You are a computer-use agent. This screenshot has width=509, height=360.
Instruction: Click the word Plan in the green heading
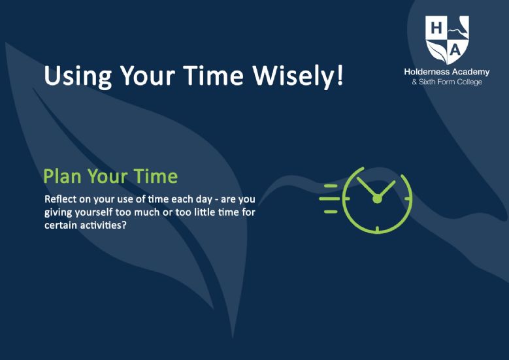(x=62, y=176)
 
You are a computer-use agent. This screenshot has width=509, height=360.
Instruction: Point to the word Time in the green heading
(x=156, y=176)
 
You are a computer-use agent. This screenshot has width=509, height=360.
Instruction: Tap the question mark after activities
(x=123, y=225)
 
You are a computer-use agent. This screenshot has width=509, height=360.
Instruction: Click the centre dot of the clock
(x=377, y=199)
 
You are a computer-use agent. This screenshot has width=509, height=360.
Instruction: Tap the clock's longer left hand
(x=367, y=188)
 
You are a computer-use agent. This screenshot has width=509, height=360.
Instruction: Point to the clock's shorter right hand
(x=386, y=189)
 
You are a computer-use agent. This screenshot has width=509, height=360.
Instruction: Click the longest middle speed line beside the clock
(x=329, y=199)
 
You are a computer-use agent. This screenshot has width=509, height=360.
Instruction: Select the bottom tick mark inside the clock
(x=377, y=229)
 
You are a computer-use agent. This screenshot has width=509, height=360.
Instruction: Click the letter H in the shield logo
(x=436, y=28)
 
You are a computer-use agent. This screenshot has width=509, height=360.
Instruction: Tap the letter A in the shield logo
(x=456, y=50)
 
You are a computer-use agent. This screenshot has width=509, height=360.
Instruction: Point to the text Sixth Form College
(x=451, y=82)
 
